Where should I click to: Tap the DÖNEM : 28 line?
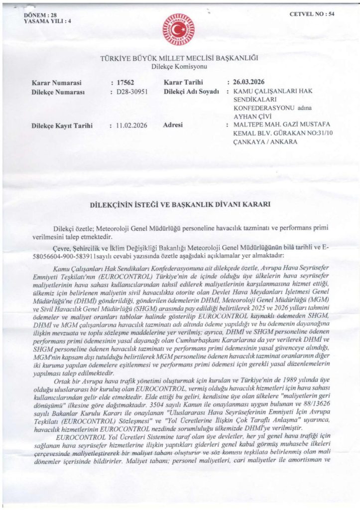pos(41,15)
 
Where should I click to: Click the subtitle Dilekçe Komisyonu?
pos(179,66)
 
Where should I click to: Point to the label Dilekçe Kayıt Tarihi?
pos(62,126)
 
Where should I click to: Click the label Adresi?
pos(174,126)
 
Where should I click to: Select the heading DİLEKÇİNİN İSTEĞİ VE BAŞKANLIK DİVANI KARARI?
pos(179,204)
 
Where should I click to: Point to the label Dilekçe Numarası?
pos(59,92)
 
